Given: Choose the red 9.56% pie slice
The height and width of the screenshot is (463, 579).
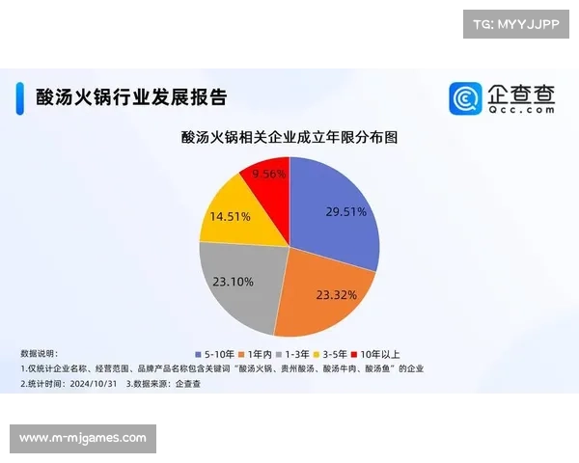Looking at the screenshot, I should pos(268,178).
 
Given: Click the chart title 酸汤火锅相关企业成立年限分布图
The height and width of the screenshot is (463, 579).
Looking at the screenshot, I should pos(289,138).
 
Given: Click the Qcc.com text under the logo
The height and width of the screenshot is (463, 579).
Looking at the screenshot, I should pos(521,110).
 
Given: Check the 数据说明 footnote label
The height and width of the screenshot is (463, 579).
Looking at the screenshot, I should pos(40,354).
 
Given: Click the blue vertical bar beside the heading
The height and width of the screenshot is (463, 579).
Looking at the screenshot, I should pos(20,97).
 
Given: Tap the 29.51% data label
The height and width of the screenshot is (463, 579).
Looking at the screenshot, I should pos(345,211).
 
